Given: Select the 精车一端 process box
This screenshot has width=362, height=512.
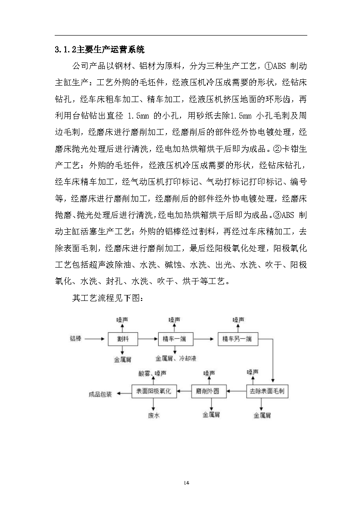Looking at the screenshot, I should (x=175, y=339).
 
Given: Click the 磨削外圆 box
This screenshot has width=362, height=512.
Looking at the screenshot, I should (x=208, y=391).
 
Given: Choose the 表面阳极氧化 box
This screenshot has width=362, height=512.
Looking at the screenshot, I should (x=154, y=391).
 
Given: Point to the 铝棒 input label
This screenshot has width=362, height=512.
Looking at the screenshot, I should (x=76, y=339).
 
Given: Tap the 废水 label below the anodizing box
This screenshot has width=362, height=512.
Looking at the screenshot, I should (x=154, y=415).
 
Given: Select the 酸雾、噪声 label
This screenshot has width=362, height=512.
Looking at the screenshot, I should (x=153, y=373).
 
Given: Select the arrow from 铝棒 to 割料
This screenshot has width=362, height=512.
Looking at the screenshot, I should (x=95, y=339).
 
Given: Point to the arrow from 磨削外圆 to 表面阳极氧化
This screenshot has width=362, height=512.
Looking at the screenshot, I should (x=184, y=391).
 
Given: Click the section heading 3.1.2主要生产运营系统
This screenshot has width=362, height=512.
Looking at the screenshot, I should (x=99, y=49).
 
